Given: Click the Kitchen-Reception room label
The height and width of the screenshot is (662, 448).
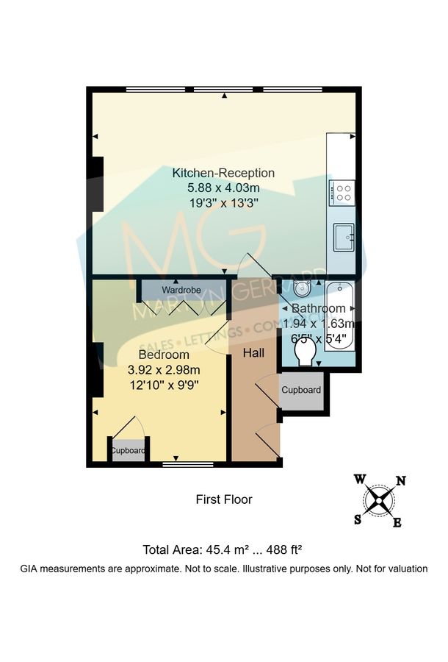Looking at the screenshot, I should pos(223,173).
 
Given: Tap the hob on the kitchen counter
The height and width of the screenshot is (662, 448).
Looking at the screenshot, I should pos(342,192).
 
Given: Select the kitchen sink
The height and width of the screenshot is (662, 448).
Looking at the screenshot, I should pos(343,237).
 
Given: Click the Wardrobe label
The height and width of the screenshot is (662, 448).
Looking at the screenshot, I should pos(181,289).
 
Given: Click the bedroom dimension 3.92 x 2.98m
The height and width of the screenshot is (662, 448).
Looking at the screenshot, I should pos(164,369).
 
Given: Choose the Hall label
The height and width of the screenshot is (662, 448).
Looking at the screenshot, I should pos(254,354).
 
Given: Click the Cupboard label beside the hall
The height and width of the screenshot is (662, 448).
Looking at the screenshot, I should pos(301,390).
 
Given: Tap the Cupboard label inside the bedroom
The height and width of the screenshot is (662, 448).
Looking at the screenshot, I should pos(129,451).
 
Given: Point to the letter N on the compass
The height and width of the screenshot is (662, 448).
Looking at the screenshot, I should pos(401,481).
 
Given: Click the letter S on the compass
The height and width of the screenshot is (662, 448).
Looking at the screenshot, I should pos(358,519).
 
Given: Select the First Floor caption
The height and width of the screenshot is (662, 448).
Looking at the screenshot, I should pos(224,499).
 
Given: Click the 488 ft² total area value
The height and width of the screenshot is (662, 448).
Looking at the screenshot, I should pos(283,549).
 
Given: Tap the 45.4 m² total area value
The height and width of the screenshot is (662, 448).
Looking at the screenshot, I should pos(228,549).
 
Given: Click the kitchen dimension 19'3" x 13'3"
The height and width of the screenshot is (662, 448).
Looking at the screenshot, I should pos(223,202).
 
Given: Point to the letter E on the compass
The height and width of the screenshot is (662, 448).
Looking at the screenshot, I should pos(397,523).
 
